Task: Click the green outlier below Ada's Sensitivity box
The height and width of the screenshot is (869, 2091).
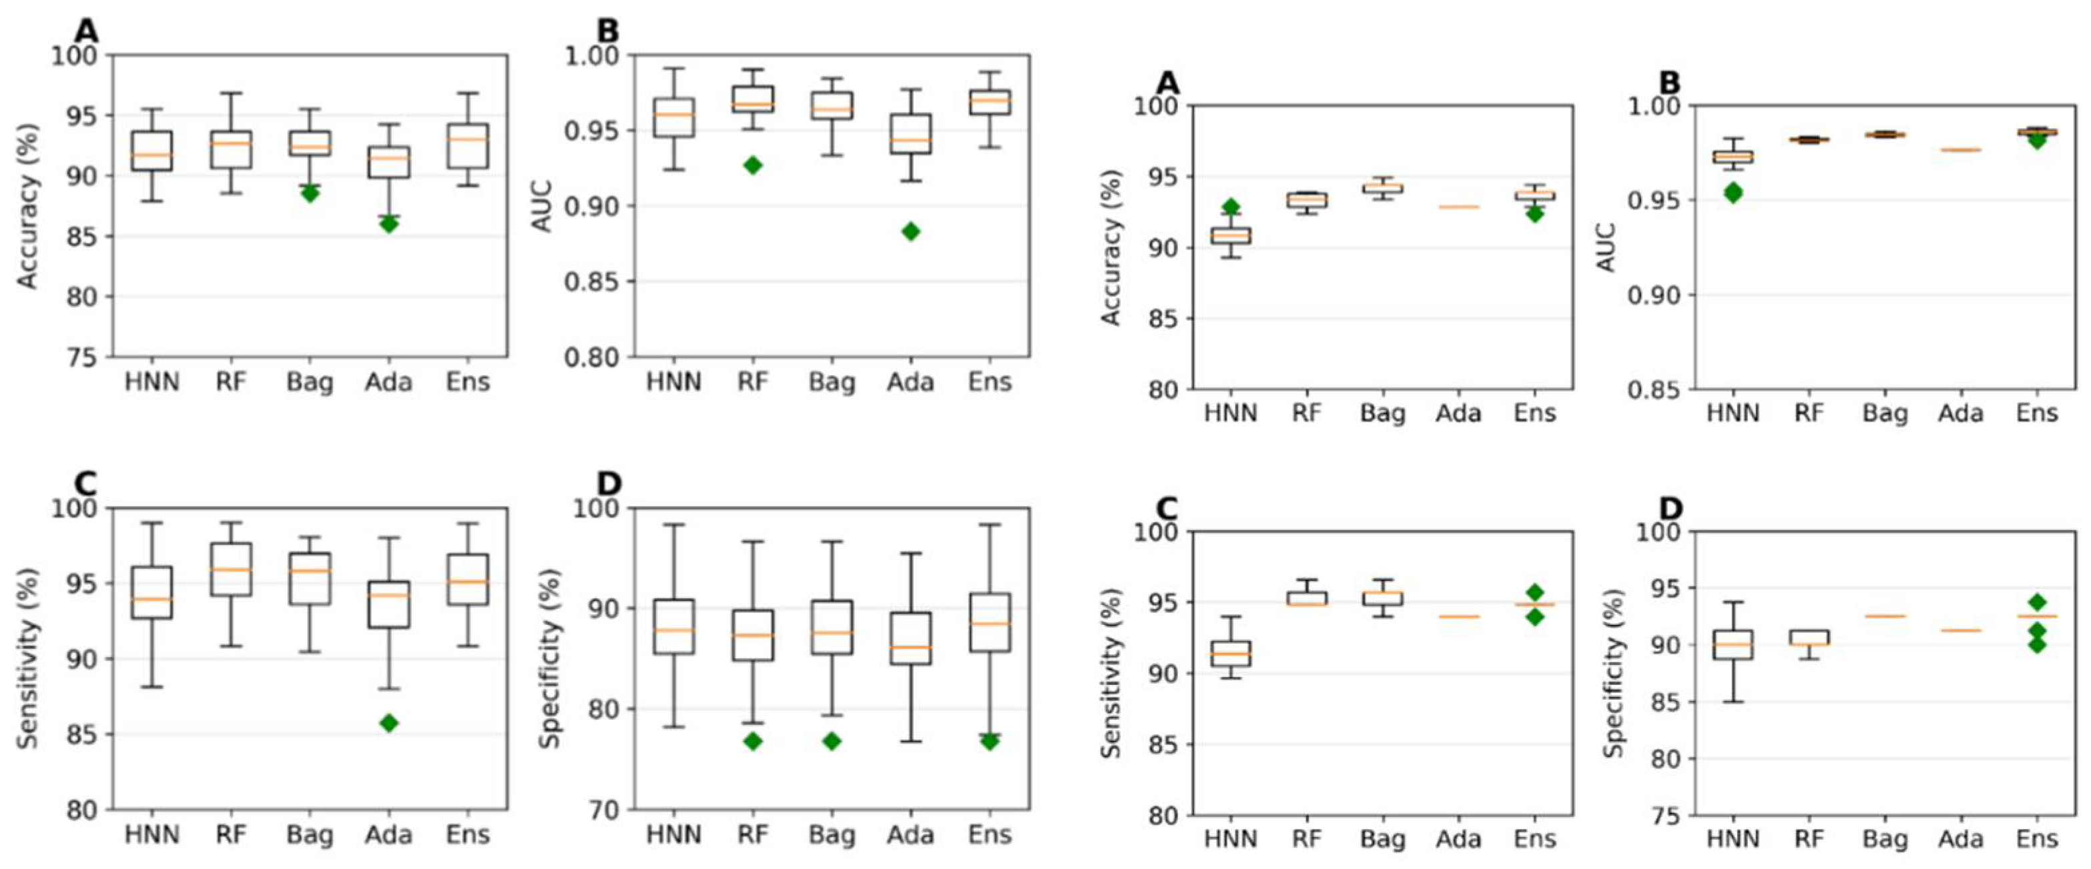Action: click(389, 723)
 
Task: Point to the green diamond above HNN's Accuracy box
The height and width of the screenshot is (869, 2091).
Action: click(1231, 207)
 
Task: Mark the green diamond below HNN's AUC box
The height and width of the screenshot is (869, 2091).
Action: click(1733, 192)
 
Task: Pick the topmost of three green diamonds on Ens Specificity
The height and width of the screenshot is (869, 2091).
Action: click(2037, 602)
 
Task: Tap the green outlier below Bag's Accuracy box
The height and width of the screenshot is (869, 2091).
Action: click(309, 193)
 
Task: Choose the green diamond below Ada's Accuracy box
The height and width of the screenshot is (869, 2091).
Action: click(389, 223)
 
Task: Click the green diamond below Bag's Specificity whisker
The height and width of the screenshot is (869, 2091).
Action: click(831, 741)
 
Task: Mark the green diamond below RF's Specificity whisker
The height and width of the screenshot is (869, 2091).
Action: click(752, 741)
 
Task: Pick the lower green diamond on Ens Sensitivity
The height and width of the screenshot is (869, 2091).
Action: click(1534, 617)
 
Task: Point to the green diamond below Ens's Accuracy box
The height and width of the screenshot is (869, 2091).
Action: click(1534, 213)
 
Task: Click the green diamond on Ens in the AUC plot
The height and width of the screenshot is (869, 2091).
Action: click(2037, 139)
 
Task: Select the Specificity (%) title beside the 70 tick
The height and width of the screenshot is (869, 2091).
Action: click(551, 658)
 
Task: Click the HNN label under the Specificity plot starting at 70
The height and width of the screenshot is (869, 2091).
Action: click(673, 835)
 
